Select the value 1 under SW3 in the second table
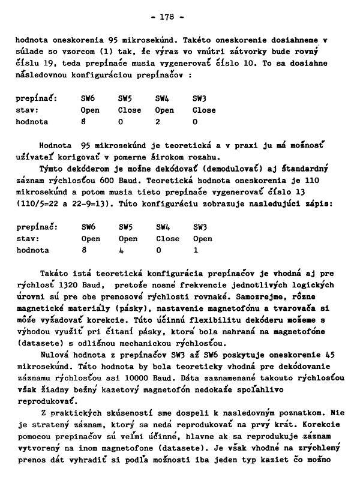[x=195, y=250]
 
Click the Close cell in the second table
[x=167, y=239]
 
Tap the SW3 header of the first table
[x=199, y=99]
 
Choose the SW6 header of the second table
[x=88, y=227]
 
